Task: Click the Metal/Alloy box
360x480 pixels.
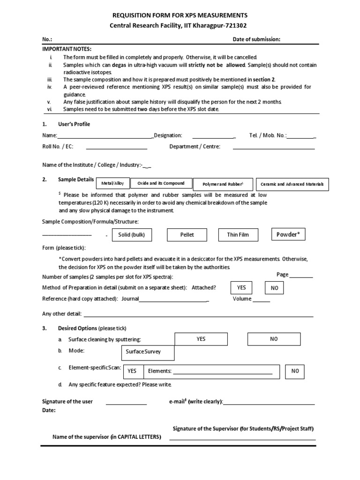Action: point(113,184)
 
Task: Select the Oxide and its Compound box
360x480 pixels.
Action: point(161,183)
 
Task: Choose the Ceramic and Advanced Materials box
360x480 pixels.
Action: point(292,184)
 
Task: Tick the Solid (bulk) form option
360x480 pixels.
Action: point(132,235)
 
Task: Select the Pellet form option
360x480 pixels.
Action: point(187,235)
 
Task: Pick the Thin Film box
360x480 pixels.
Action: point(238,235)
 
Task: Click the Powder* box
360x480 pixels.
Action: point(288,234)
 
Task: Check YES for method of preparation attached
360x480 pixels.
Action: point(241,287)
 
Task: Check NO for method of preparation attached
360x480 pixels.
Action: point(275,288)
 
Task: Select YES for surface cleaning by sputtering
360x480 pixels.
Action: point(201,339)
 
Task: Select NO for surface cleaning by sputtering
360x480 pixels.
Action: point(274,339)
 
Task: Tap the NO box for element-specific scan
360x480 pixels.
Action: point(295,371)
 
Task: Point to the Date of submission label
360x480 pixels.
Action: point(256,39)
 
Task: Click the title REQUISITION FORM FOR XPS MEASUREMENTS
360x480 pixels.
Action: point(180,15)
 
